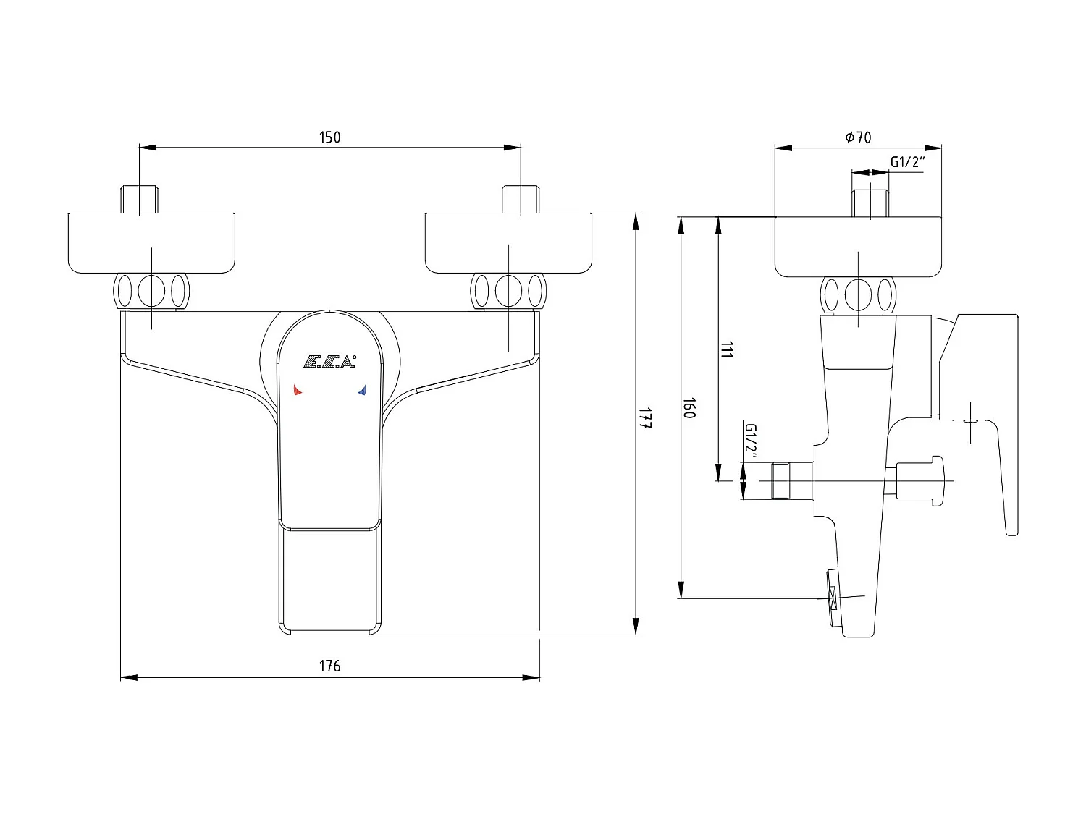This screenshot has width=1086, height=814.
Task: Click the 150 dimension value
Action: [329, 137]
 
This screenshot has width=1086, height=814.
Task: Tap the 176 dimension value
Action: [329, 666]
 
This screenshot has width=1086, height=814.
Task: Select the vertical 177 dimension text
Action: [646, 418]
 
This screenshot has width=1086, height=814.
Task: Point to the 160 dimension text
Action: [689, 408]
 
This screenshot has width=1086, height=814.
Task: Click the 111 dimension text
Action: [727, 349]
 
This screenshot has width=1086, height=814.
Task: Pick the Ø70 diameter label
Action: [858, 137]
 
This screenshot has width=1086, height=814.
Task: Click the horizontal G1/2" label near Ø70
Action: [907, 161]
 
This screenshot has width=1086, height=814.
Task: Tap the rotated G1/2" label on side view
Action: [751, 441]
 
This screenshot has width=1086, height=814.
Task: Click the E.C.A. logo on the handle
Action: [329, 361]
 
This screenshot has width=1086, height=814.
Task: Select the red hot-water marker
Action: [298, 390]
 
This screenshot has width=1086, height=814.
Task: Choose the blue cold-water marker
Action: [363, 390]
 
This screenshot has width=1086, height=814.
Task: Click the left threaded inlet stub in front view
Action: [139, 199]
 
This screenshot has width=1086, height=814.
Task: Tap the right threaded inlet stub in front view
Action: [521, 199]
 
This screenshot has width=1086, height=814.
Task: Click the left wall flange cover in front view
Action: [151, 243]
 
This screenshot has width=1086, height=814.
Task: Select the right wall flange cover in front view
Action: [509, 243]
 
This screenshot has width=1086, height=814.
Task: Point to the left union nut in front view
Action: [151, 291]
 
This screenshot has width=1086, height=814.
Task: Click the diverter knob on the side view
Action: [920, 480]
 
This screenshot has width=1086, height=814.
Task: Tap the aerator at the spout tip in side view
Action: [833, 598]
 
